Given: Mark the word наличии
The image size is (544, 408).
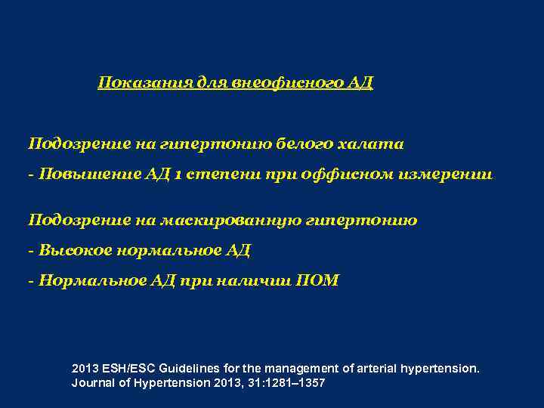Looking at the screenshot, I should pyautogui.click(x=253, y=281).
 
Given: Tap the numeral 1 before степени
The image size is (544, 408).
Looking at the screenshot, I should pyautogui.click(x=175, y=175).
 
